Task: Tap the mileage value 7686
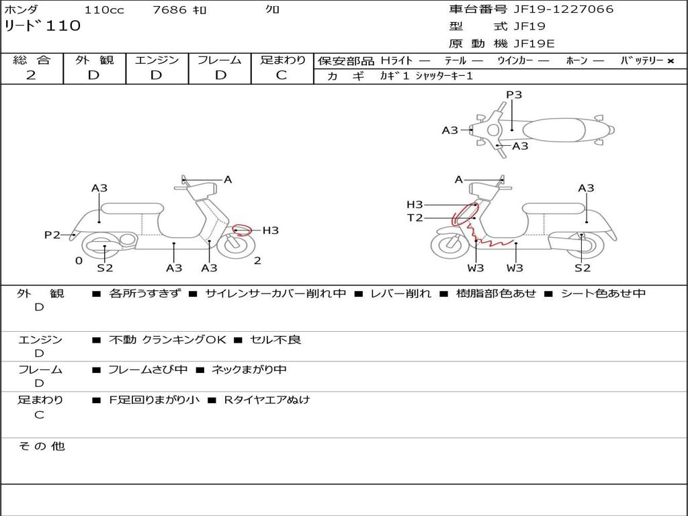(171, 10)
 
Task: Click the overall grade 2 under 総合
(31, 75)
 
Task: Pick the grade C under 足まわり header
(282, 75)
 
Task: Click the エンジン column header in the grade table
(157, 60)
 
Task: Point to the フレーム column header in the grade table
(219, 60)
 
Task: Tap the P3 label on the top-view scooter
(514, 95)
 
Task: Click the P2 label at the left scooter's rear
(52, 235)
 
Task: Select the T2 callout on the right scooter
(415, 218)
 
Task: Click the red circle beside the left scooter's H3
(242, 230)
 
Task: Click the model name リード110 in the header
(42, 26)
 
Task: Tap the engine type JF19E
(534, 44)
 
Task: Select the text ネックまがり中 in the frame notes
(249, 370)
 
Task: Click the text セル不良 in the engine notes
(275, 340)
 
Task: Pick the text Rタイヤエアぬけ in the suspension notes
(267, 400)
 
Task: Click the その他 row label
(42, 446)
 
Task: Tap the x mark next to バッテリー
(670, 61)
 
